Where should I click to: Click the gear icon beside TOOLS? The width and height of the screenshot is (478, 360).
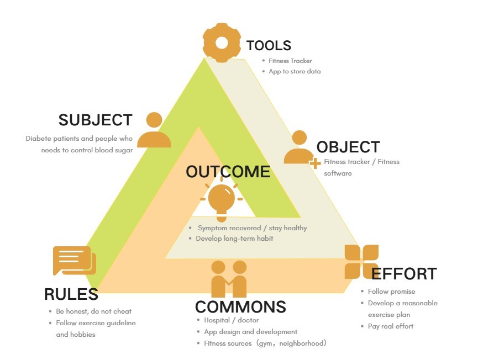point(222,43)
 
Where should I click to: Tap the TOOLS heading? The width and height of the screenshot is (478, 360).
point(269,46)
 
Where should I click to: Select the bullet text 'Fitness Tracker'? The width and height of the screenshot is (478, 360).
point(290,61)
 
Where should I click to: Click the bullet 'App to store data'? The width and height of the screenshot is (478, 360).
point(295,72)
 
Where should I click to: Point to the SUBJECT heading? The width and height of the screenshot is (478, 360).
point(95,120)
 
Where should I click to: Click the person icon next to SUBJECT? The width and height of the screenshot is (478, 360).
point(154,130)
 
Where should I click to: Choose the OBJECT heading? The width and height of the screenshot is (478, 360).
point(348,147)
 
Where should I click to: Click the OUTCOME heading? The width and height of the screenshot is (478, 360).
point(228,172)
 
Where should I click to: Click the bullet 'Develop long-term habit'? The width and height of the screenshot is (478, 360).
point(234,239)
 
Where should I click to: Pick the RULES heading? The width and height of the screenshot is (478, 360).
point(71,295)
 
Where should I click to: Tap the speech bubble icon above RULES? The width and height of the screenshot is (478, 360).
point(74,261)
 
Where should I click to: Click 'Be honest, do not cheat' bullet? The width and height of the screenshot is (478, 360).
point(94,311)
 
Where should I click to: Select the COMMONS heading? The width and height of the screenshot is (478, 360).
point(240,307)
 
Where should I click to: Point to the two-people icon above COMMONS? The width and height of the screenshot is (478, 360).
point(229,279)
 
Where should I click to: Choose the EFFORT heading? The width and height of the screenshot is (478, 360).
point(404,274)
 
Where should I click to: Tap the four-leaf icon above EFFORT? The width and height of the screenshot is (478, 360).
point(361,261)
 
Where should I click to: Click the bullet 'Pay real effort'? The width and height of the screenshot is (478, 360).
point(391,326)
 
